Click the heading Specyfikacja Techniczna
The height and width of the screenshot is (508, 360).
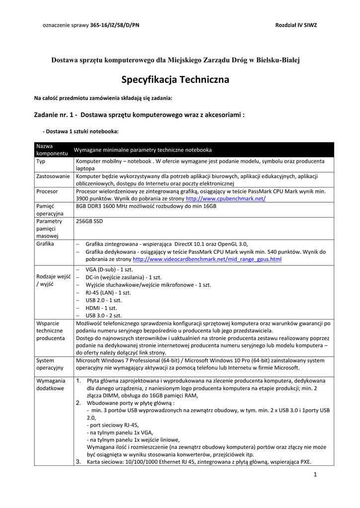175,79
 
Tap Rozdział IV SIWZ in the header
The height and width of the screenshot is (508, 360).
295,24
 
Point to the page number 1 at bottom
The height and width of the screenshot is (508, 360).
315,475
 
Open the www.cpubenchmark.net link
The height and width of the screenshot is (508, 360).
225,198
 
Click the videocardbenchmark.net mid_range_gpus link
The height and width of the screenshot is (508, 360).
207,259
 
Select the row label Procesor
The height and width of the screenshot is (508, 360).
47,191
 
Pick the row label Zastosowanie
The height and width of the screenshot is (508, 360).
53,176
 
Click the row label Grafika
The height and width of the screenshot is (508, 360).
45,244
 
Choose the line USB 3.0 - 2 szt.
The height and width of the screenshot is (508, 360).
103,315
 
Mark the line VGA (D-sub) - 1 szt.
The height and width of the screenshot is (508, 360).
105,269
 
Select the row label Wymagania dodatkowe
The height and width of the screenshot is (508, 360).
51,384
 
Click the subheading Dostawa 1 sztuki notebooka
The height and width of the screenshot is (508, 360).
81,131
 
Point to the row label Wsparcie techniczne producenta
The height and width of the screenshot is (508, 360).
50,330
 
